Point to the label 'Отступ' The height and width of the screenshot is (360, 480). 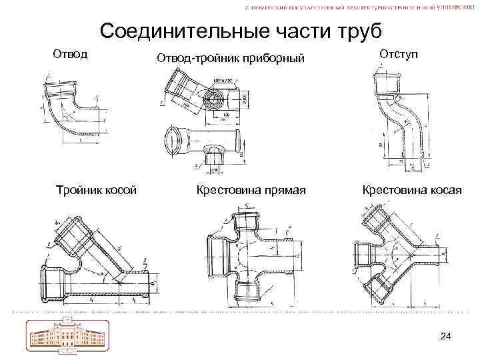pos(399,53)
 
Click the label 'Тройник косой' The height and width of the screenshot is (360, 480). pos(97,190)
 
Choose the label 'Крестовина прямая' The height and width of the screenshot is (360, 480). pos(251,190)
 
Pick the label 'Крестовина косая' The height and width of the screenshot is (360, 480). pos(411,190)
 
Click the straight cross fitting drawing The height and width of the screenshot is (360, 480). pos(250,257)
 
